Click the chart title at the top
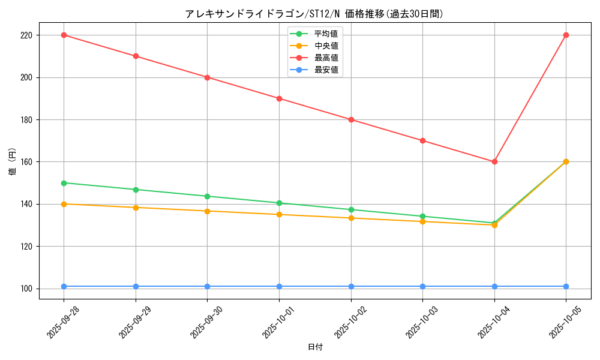pos(314,14)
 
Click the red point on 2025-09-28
pos(64,35)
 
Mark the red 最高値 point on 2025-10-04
pos(494,161)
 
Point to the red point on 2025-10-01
pos(279,98)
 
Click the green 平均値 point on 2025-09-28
pos(64,183)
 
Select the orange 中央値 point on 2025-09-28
pos(64,204)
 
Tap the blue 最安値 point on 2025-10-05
pos(566,286)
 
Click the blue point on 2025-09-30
pos(207,286)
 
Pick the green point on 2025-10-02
pos(351,209)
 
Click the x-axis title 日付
pos(315,347)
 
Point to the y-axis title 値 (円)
pos(13,162)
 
